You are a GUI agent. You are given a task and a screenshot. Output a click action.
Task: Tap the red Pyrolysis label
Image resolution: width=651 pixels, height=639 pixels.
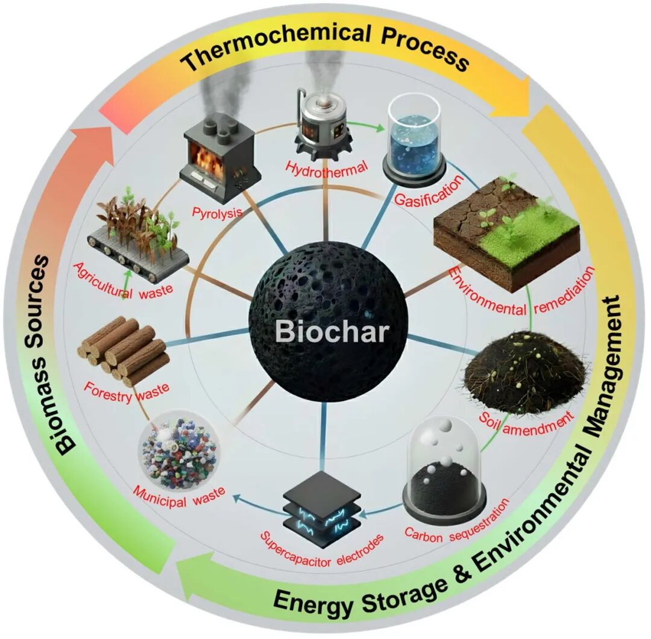pyautogui.click(x=217, y=213)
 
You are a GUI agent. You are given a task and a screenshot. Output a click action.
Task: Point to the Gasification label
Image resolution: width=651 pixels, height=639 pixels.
pyautogui.click(x=429, y=191)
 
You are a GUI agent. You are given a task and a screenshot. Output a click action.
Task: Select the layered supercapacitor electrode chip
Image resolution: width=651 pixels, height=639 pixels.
pyautogui.click(x=322, y=504)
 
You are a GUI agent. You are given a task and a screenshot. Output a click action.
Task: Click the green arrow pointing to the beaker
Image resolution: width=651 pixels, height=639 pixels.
pyautogui.click(x=365, y=125)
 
